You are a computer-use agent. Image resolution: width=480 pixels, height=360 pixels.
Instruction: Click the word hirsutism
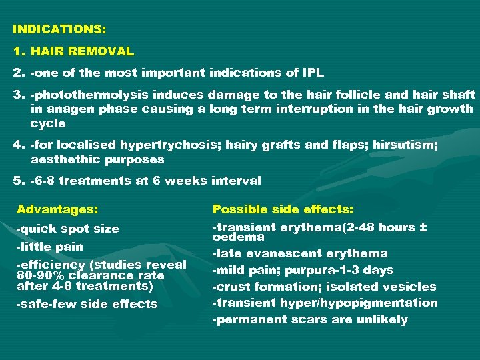coord(405,145)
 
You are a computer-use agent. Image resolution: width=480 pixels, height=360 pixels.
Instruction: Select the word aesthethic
coord(63,159)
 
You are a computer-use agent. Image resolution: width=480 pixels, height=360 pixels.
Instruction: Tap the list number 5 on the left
coord(17,181)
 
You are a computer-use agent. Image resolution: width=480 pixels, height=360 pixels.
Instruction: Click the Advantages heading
coord(57,209)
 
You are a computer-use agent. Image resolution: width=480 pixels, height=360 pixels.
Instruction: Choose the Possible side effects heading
coord(283,209)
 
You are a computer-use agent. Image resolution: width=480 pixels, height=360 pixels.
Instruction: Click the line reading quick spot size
coord(67,229)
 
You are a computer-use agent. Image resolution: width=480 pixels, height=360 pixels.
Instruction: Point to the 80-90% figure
coord(33,275)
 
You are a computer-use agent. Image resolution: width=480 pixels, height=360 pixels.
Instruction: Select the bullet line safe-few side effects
coord(87,304)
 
